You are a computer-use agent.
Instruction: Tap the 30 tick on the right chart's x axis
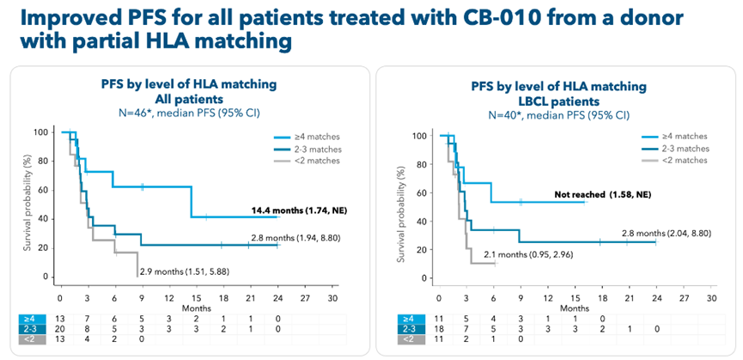point(710,297)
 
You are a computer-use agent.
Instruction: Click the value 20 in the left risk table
point(59,328)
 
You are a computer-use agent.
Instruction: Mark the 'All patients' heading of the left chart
point(188,99)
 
